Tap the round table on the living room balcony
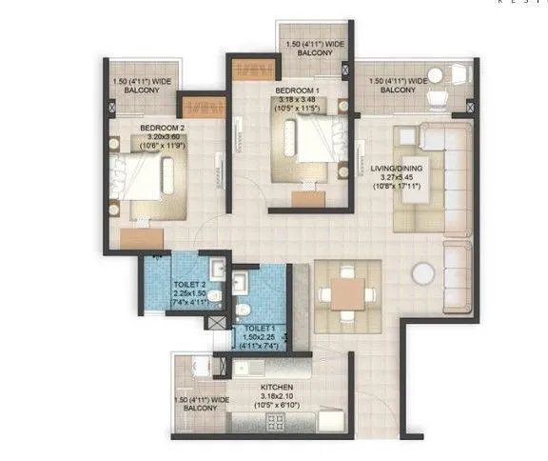(x=435, y=76)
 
